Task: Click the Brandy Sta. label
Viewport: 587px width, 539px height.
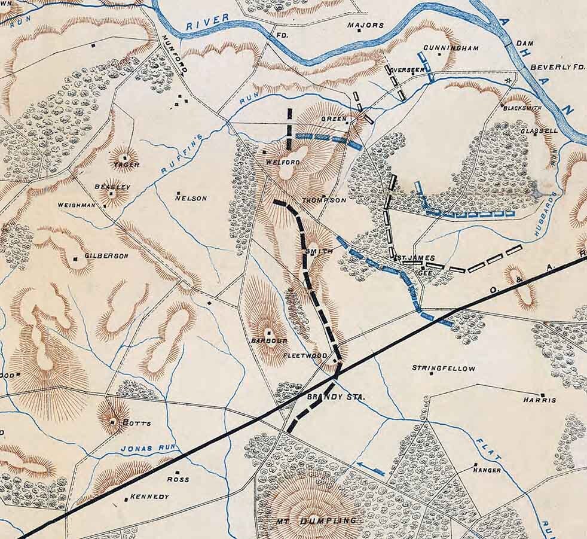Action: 328,397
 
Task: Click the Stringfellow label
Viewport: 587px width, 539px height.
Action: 444,369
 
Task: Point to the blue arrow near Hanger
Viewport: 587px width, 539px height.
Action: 369,467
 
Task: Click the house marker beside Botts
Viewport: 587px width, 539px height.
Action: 112,422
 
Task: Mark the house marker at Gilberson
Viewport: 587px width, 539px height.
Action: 75,258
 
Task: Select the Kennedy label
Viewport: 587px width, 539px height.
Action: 149,497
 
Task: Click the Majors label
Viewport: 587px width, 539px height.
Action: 365,25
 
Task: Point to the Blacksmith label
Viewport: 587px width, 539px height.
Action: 522,109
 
